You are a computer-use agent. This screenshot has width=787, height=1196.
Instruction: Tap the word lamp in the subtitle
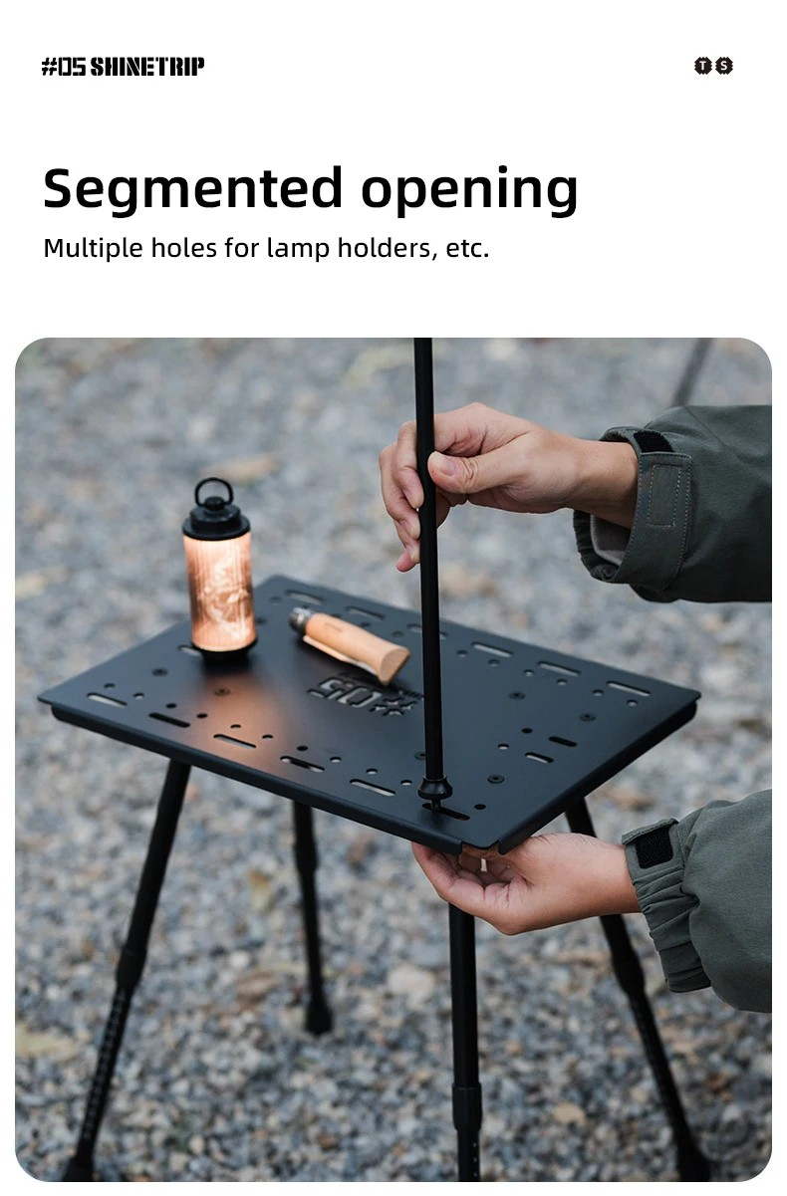(x=298, y=249)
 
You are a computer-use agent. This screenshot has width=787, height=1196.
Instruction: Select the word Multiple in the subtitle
(x=93, y=249)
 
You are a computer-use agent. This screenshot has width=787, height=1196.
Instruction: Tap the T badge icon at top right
(x=703, y=66)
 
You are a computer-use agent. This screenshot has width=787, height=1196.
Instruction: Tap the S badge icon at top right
(x=724, y=66)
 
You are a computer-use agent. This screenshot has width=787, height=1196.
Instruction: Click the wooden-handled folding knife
(x=349, y=643)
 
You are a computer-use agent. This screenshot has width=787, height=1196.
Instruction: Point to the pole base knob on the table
(x=434, y=790)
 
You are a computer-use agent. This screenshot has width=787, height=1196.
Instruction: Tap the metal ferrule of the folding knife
(x=302, y=618)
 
